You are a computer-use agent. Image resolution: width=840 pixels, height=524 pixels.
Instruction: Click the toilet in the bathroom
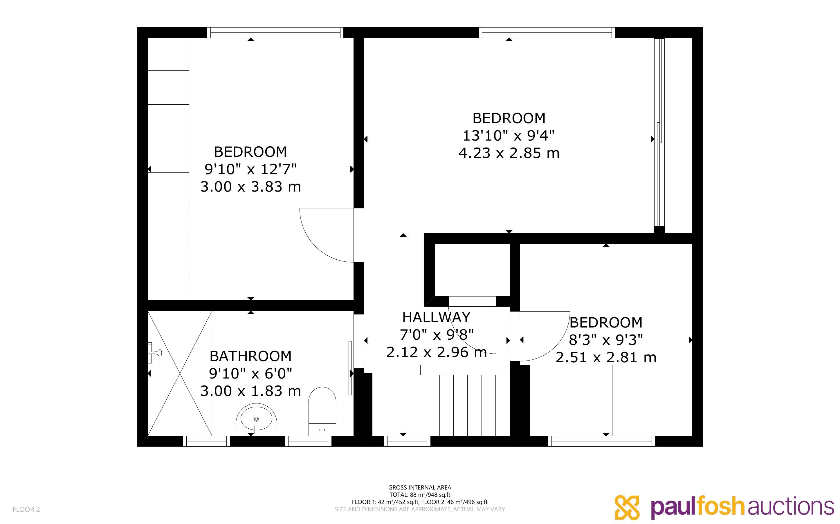coord(322,411)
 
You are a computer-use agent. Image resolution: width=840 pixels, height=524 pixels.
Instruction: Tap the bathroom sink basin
coord(256,420)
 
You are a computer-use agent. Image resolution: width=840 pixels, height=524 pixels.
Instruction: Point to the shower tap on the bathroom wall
coord(154,352)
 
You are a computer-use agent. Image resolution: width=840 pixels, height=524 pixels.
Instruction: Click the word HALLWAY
coord(436,317)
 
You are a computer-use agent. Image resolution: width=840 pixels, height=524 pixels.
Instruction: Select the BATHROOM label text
coord(250,356)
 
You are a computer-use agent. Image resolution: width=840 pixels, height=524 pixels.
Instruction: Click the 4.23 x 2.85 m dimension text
coord(509,153)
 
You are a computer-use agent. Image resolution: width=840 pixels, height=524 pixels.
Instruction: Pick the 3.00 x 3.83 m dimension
coord(250,187)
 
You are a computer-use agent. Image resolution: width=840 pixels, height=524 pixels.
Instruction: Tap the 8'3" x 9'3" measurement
coord(606,340)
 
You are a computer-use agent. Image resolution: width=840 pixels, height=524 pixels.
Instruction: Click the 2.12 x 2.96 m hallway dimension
coord(437,352)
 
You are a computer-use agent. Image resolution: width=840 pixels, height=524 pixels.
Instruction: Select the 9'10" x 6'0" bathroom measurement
coord(250,374)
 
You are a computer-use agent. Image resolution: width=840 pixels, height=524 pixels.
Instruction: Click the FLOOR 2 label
coord(26,510)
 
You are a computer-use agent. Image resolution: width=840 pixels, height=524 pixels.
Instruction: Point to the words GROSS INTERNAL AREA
coord(419,487)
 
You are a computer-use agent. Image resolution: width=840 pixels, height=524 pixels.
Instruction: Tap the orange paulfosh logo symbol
coord(627,507)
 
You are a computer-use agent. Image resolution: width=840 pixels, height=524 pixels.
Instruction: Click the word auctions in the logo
coord(790,507)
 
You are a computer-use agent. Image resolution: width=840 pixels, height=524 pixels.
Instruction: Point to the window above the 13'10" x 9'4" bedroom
coord(547,32)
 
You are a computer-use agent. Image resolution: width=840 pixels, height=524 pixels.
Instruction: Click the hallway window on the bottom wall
coord(407,441)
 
